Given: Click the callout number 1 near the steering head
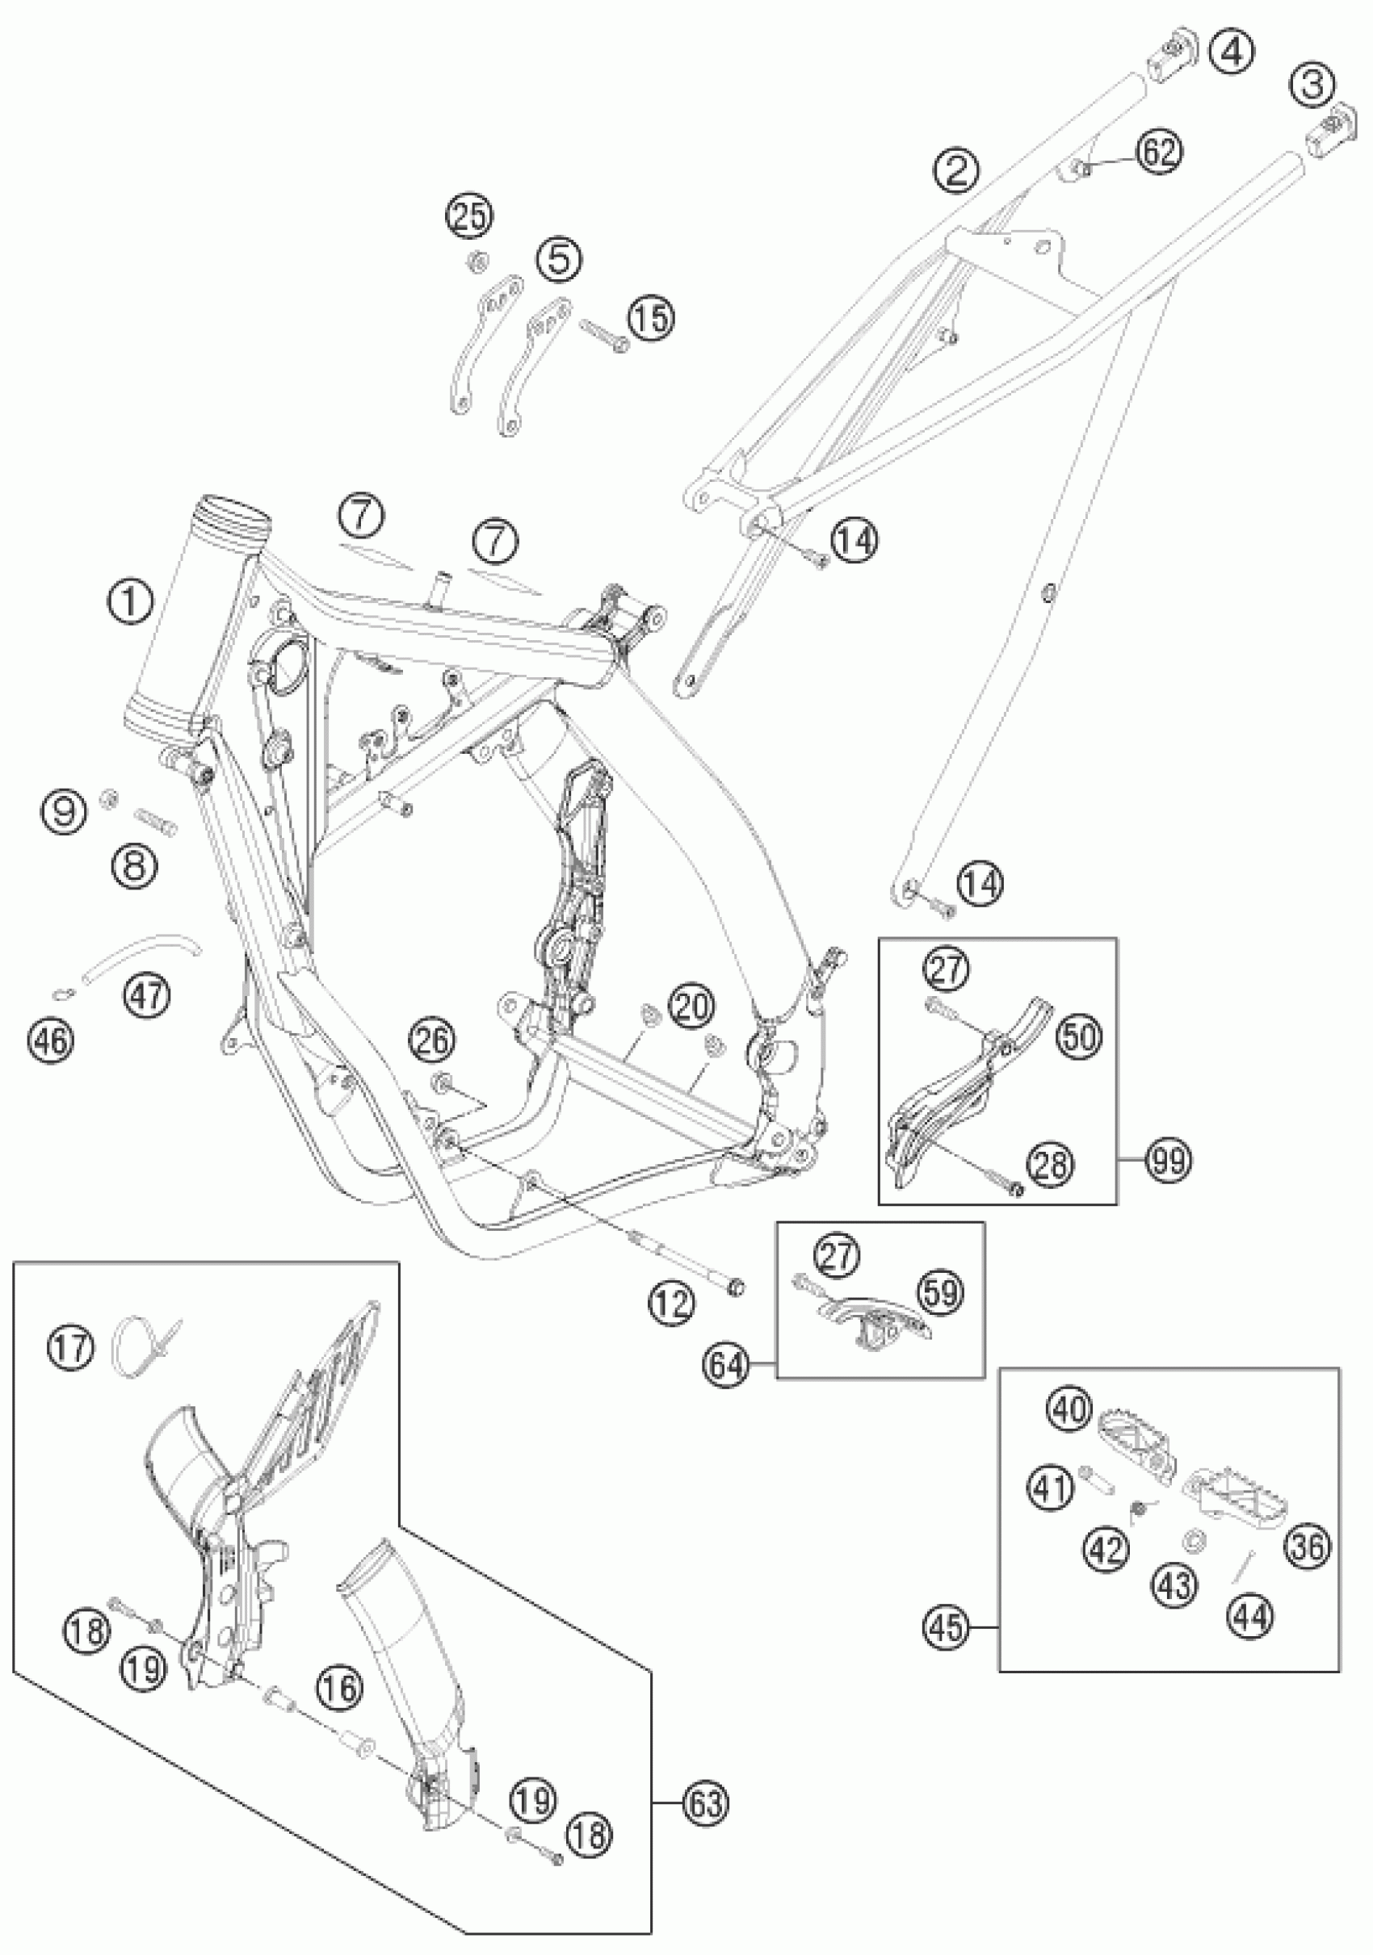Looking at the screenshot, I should [x=129, y=602].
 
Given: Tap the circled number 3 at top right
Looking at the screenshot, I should [x=1311, y=84].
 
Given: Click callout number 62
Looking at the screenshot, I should [x=1156, y=152].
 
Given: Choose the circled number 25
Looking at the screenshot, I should [x=471, y=216].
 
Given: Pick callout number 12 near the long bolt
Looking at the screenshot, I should [x=671, y=1303].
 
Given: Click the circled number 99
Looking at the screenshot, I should [x=1169, y=1159].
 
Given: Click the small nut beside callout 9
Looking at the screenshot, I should [x=108, y=797].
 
